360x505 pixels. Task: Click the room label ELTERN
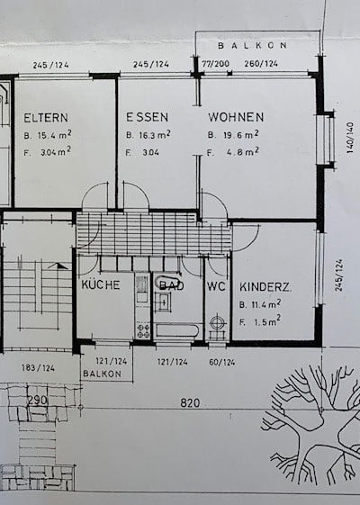41,117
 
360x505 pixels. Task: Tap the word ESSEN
148,117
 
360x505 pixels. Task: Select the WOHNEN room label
236,117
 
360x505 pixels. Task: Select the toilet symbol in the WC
217,327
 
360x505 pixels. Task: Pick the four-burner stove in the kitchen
143,330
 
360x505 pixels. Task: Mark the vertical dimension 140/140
349,140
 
